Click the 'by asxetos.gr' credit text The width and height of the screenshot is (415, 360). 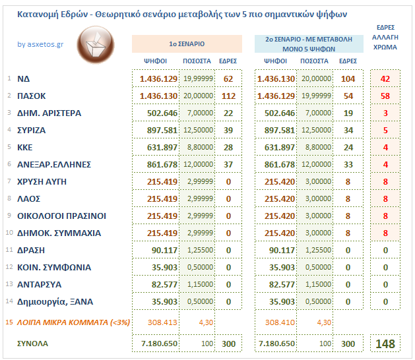coord(40,44)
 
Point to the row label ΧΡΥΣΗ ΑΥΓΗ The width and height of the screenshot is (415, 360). coord(43,182)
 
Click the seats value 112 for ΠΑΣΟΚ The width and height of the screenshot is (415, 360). coord(229,96)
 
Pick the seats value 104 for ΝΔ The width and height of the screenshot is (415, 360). coord(348,79)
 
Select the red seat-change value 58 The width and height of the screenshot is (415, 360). coord(385,96)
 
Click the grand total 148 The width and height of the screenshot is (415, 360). coord(385,344)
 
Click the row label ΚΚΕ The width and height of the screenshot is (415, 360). coord(25,148)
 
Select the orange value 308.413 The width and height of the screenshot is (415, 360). coord(162,322)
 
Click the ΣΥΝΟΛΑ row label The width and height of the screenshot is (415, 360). coord(33,344)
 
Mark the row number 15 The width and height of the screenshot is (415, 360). coord(9,322)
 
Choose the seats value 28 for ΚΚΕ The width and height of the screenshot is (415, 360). coord(229,148)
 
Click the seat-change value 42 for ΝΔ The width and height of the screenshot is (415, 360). coord(385,79)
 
